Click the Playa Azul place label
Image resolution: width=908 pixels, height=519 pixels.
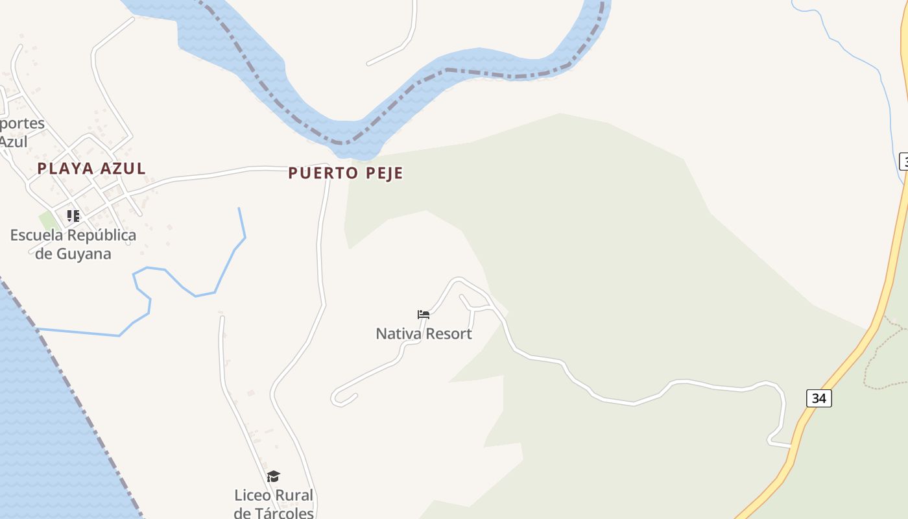pyautogui.click(x=91, y=169)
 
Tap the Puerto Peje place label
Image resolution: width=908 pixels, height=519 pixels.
pyautogui.click(x=345, y=173)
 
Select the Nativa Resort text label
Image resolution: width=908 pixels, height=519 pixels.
pyautogui.click(x=424, y=334)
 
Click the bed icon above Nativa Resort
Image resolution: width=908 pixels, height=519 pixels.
pyautogui.click(x=424, y=315)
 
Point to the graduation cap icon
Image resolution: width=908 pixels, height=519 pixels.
pyautogui.click(x=273, y=476)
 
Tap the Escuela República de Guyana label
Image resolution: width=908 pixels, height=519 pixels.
pyautogui.click(x=73, y=244)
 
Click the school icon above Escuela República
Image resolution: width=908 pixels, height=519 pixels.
pyautogui.click(x=73, y=215)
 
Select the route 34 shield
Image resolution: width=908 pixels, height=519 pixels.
pyautogui.click(x=819, y=398)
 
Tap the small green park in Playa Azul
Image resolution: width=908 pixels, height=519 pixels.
pyautogui.click(x=48, y=221)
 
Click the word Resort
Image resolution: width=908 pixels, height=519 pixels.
pyautogui.click(x=449, y=334)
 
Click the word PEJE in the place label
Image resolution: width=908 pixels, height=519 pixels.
pyautogui.click(x=383, y=173)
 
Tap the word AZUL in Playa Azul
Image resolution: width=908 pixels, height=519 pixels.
pyautogui.click(x=123, y=169)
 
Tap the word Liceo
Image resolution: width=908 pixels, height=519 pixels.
pyautogui.click(x=253, y=496)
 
